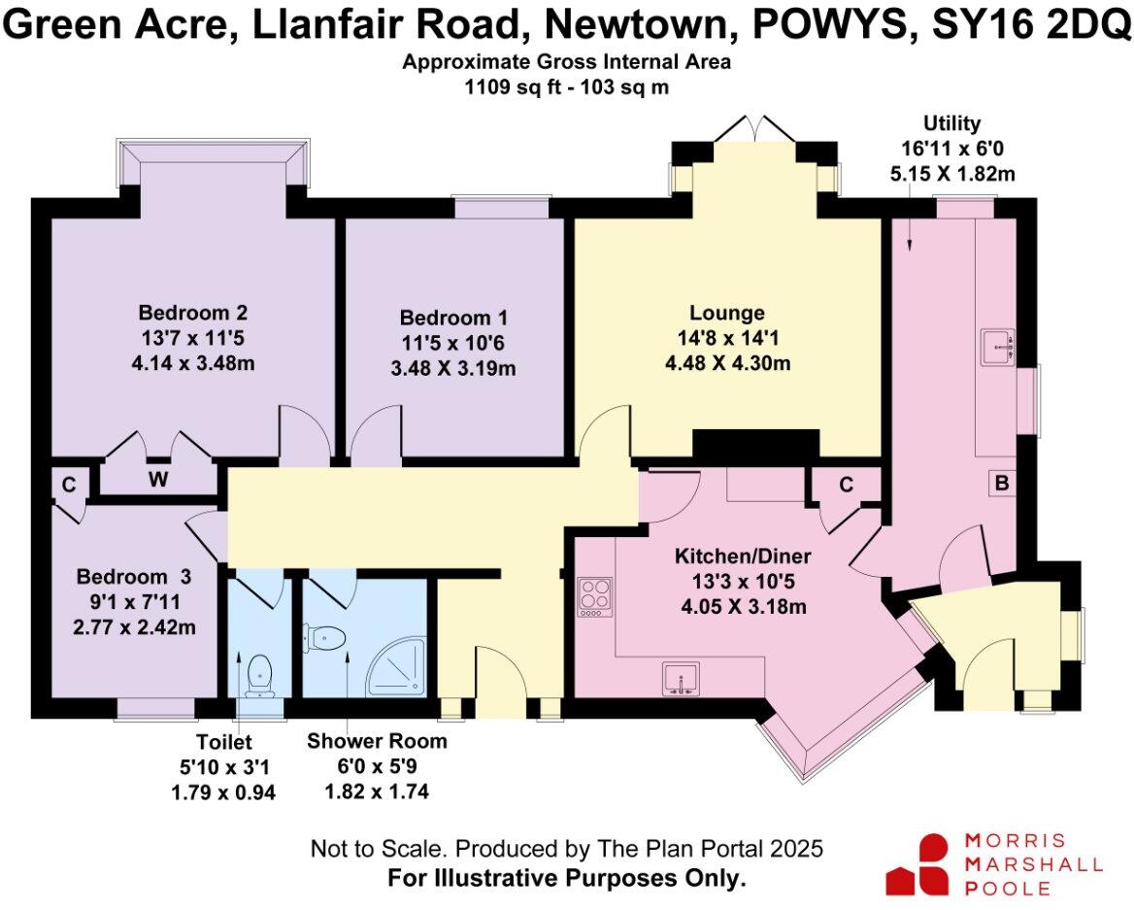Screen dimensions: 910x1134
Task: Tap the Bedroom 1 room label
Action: (x=453, y=319)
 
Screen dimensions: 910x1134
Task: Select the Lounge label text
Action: (x=726, y=314)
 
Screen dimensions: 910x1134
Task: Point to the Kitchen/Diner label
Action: (x=743, y=556)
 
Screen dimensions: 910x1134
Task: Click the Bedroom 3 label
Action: (x=136, y=576)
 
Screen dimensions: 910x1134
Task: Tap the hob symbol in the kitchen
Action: (x=594, y=596)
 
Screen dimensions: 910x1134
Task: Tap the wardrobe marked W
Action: (x=157, y=479)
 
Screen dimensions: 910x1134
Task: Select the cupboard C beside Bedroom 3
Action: (x=69, y=482)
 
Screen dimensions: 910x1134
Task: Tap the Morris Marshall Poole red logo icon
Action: (x=918, y=863)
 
